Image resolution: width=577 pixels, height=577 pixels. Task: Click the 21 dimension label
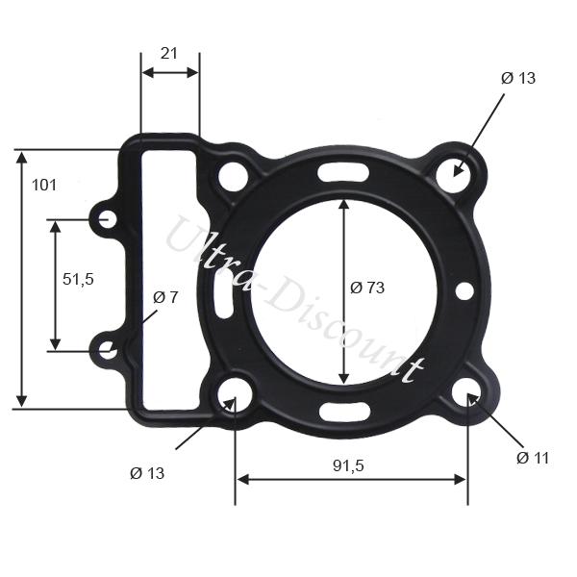click(x=169, y=55)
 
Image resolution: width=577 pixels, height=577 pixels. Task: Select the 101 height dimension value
click(x=43, y=185)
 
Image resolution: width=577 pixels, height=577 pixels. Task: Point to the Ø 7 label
click(x=166, y=297)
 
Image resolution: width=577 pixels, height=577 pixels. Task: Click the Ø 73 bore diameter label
click(x=367, y=288)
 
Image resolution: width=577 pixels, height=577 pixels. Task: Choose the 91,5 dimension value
click(x=348, y=465)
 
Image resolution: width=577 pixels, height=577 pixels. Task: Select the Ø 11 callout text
click(x=533, y=458)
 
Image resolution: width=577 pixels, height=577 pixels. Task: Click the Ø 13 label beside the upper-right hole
click(x=518, y=78)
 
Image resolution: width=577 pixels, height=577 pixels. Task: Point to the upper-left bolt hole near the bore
click(x=232, y=176)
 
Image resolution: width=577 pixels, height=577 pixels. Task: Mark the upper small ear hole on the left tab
click(x=108, y=220)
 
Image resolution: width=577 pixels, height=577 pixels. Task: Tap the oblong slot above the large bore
click(x=344, y=173)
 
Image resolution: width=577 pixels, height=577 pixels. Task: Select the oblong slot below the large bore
click(x=344, y=414)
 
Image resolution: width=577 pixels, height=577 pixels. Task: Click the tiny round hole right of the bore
click(x=464, y=289)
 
